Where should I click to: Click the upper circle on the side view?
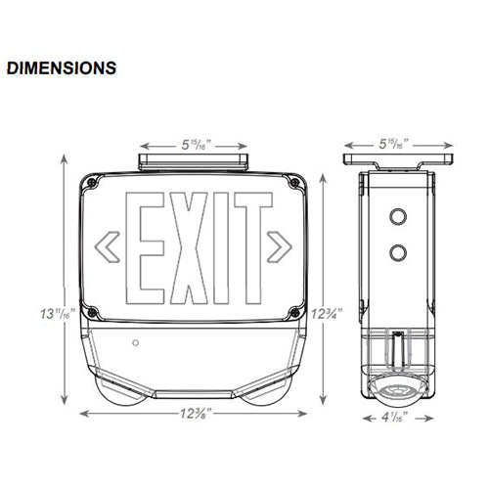[x=398, y=213]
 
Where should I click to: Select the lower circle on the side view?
[x=398, y=252]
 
